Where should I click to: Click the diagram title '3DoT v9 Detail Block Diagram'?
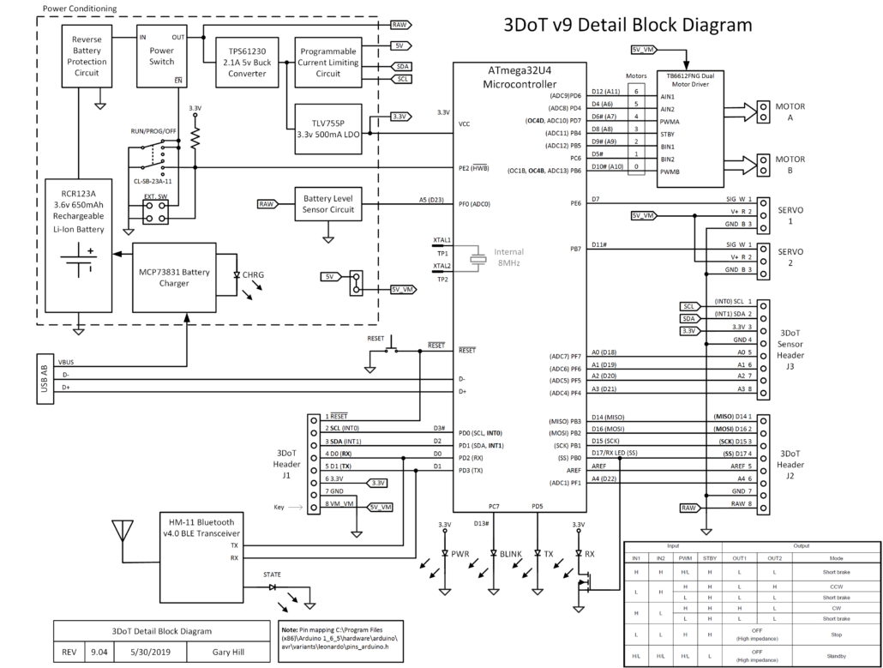627,26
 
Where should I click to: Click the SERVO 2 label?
789,257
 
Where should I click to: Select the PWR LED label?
460,555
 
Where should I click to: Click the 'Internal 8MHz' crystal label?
508,259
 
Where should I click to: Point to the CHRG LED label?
254,275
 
